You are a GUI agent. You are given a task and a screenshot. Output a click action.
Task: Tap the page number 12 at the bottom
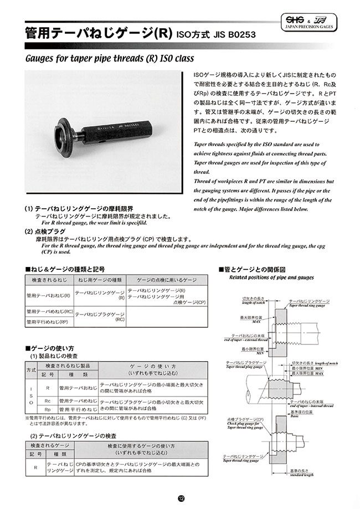(180, 498)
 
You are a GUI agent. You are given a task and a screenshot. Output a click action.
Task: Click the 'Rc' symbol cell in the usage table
(48, 400)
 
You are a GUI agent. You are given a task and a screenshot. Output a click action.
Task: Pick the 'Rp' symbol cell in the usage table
(48, 409)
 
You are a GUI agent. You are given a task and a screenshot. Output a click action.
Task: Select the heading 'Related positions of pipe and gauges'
(271, 278)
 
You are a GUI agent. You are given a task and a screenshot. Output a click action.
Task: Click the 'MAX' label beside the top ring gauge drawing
(255, 321)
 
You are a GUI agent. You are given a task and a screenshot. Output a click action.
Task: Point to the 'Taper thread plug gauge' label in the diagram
(241, 366)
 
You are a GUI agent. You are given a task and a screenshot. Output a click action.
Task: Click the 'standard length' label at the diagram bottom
(301, 474)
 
